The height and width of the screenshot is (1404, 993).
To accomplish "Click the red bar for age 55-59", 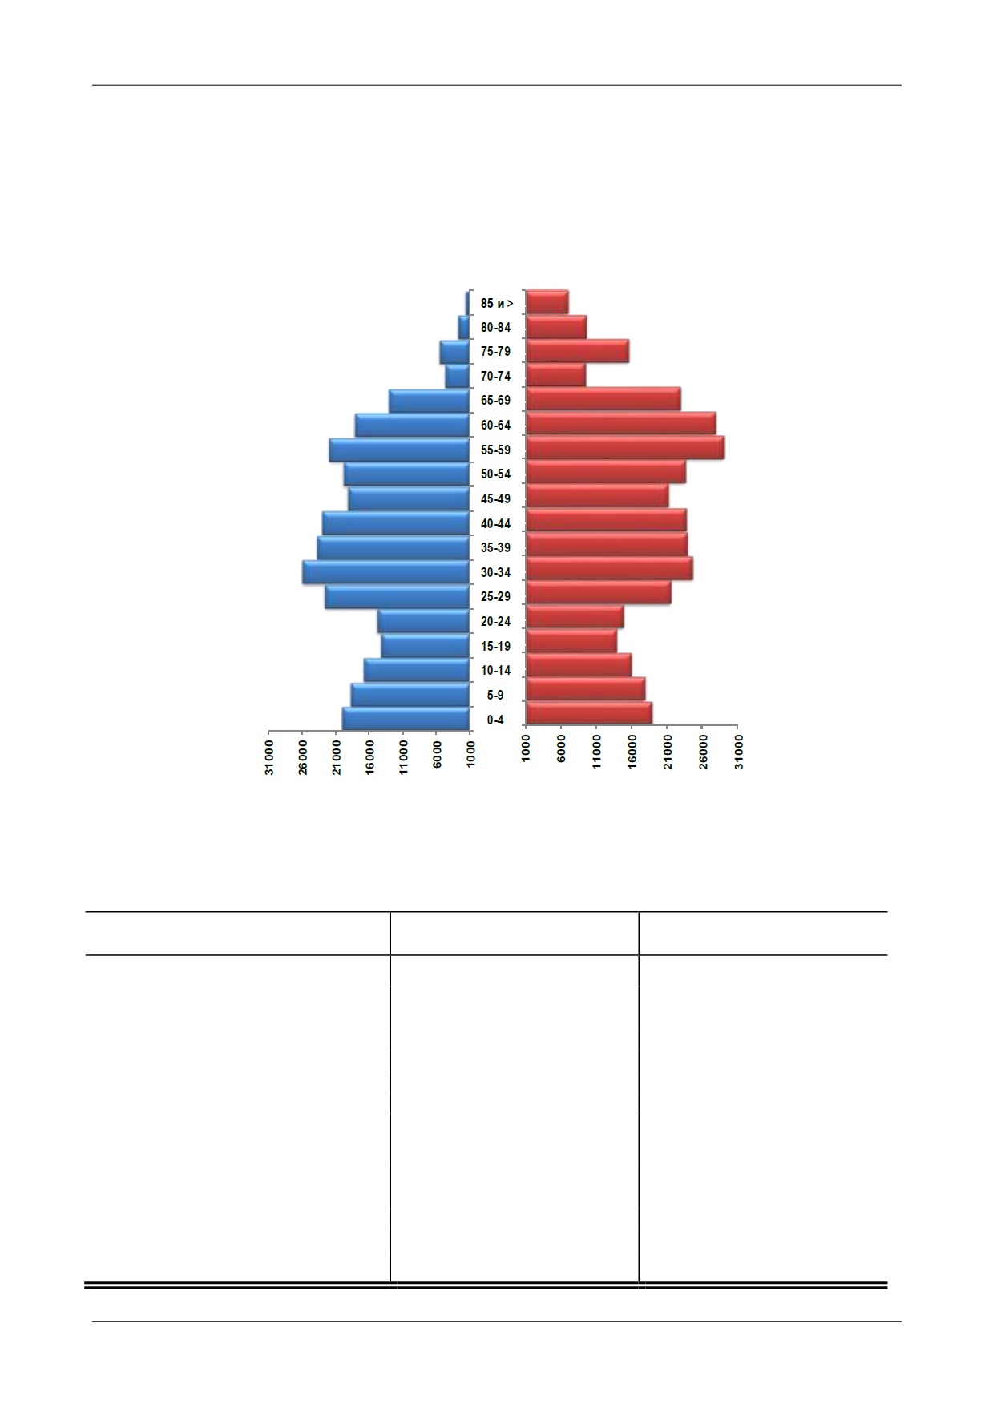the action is pos(625,448).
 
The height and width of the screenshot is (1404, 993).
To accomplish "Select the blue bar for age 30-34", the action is pos(385,572).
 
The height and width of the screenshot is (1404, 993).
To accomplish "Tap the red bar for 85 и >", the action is pos(547,301).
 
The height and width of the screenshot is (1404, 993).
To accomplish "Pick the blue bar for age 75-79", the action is pos(454,353).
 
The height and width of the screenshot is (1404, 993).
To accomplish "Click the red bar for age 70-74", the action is pos(556,375).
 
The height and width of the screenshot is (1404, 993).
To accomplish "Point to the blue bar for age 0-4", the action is pos(406,719).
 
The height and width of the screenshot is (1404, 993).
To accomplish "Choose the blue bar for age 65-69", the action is pos(429,401).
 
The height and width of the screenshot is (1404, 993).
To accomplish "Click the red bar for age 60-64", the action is pos(621,424).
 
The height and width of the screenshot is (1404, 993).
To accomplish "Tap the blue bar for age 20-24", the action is pos(423,621).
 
